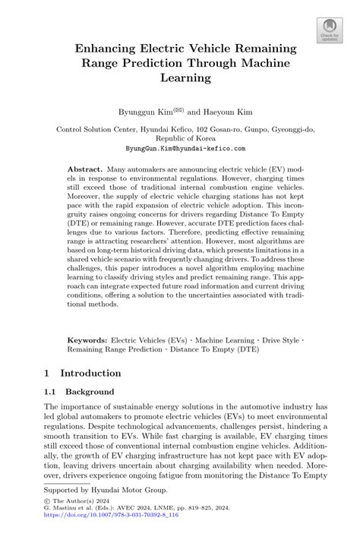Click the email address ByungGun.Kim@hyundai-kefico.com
pyautogui.click(x=180, y=150)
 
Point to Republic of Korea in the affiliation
pyautogui.click(x=180, y=140)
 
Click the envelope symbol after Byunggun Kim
pyautogui.click(x=178, y=109)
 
